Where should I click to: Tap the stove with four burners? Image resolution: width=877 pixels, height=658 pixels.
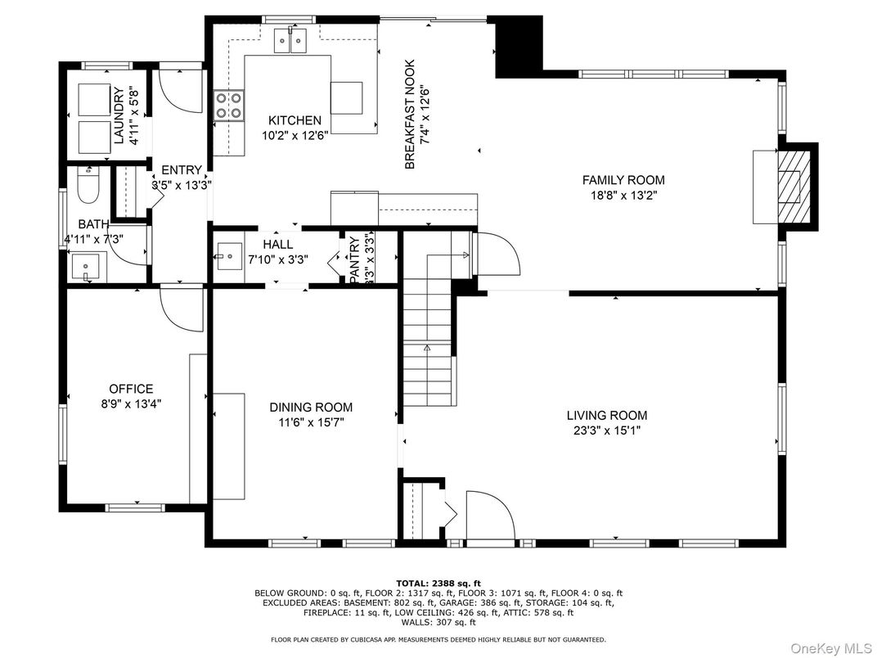click(x=228, y=106)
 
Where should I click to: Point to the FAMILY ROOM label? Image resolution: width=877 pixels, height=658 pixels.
click(x=623, y=180)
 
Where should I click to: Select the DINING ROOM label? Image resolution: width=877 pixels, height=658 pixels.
click(x=311, y=407)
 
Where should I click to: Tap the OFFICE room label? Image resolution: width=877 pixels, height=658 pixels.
click(x=131, y=389)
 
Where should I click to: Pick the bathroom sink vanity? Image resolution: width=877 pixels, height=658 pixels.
click(x=85, y=266)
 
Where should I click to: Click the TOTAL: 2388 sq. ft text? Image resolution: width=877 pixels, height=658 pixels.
click(x=438, y=582)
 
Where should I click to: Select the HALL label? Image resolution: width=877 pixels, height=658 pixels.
click(x=278, y=244)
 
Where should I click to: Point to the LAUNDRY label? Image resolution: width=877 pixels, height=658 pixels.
click(x=119, y=115)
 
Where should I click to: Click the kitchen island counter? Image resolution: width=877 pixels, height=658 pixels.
click(x=353, y=106)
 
